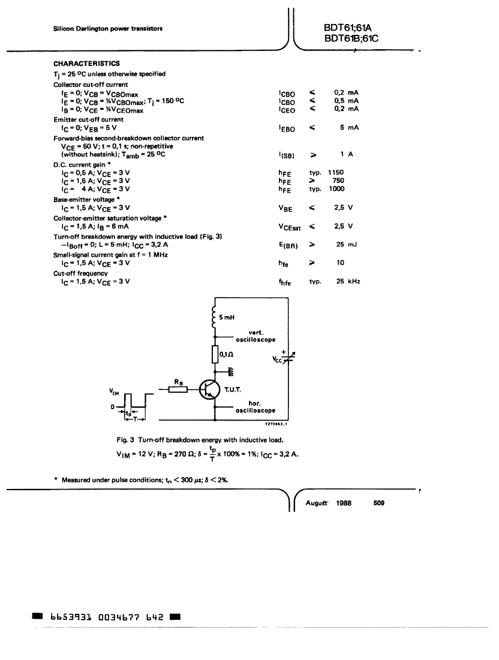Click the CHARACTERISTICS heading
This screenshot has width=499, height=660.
(86, 64)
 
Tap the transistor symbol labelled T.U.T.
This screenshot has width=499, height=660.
(209, 389)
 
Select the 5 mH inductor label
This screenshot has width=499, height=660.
(227, 317)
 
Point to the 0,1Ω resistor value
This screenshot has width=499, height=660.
(226, 355)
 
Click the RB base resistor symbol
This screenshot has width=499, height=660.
(178, 389)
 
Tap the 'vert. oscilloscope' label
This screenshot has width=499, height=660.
(256, 336)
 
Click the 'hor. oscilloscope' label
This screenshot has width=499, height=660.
(255, 407)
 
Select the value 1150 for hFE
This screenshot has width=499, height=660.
(336, 172)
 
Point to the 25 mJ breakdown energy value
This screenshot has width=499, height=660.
(346, 244)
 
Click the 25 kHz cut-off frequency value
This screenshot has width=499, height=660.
(348, 281)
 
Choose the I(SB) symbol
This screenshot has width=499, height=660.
(287, 155)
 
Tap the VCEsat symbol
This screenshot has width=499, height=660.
(290, 227)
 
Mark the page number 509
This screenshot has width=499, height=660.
(378, 503)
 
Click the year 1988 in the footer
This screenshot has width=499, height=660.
(343, 503)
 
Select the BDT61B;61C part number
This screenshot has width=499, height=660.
(351, 38)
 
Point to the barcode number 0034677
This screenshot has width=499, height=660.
(118, 617)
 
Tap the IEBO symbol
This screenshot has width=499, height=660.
(287, 129)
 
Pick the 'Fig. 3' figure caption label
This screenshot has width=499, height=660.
(125, 440)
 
